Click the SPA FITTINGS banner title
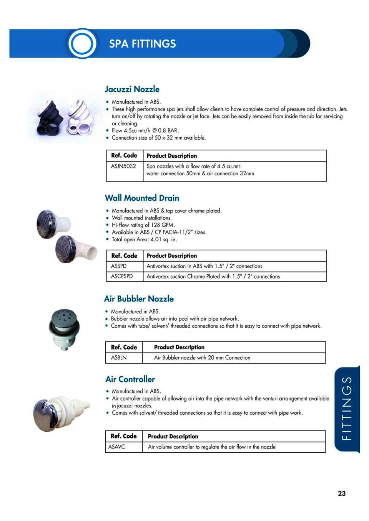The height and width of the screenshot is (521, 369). click(142, 44)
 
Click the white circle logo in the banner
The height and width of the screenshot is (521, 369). click(82, 43)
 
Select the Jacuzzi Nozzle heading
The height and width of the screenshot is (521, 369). click(132, 89)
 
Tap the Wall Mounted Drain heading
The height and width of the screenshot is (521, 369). click(142, 198)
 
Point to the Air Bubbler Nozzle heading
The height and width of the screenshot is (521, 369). click(139, 299)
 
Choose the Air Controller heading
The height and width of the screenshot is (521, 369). click(130, 379)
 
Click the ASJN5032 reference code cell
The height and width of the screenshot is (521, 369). click(123, 167)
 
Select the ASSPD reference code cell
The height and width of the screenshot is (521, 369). click(119, 266)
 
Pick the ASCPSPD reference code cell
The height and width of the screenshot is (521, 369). click(122, 277)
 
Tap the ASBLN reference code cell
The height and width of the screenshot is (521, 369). click(119, 358)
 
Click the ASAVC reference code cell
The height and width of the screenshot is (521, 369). click(116, 447)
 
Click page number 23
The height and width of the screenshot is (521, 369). click(342, 493)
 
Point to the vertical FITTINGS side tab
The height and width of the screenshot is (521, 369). click(347, 408)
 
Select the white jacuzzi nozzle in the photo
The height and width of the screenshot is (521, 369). click(80, 117)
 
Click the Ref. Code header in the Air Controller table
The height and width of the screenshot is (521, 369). click(123, 436)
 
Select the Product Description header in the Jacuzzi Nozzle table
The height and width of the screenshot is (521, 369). click(171, 156)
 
